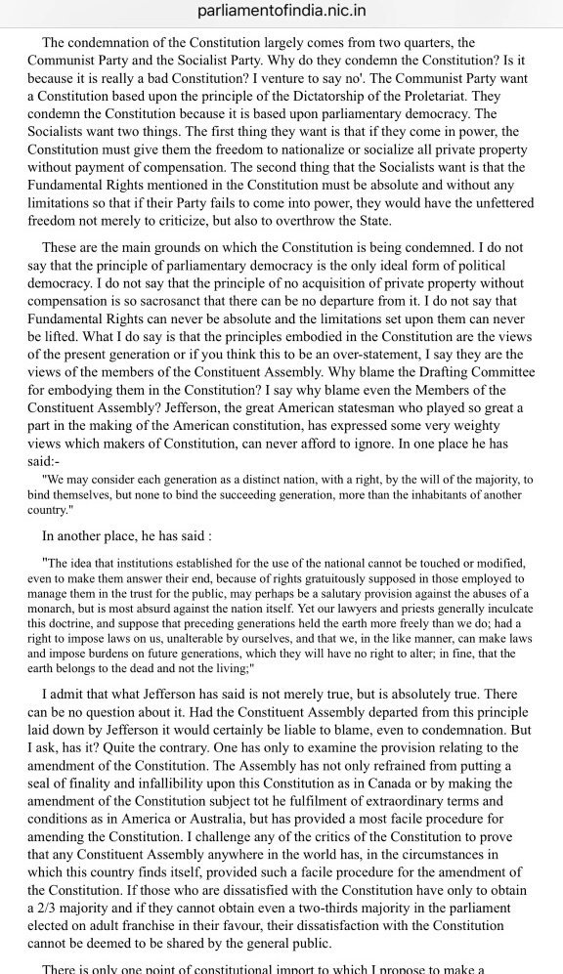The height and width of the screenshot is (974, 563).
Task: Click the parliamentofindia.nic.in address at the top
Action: [x=281, y=11]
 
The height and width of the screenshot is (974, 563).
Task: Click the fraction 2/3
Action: [x=51, y=908]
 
